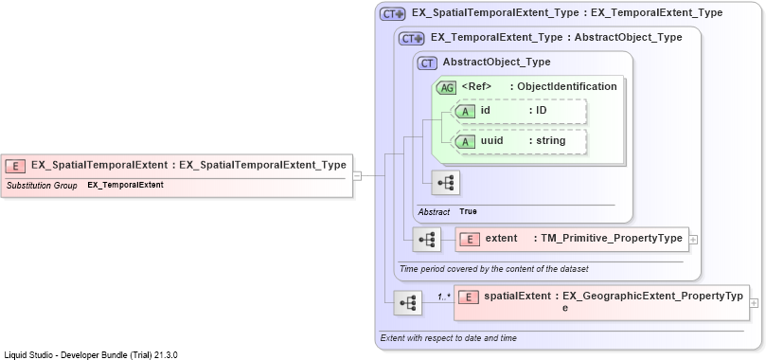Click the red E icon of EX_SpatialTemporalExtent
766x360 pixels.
[15, 166]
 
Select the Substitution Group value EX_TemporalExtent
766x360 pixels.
[126, 185]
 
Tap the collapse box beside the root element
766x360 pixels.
[357, 176]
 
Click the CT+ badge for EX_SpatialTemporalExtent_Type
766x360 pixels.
[392, 14]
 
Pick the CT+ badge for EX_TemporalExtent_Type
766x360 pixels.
[411, 39]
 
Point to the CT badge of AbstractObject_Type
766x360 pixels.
[427, 63]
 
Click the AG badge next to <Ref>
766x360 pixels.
[447, 88]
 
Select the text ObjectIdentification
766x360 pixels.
[567, 86]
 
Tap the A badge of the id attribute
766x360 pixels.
[465, 112]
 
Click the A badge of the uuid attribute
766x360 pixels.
[465, 142]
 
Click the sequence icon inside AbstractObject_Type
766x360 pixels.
[445, 183]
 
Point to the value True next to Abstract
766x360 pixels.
[468, 211]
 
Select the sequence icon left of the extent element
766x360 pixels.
[426, 240]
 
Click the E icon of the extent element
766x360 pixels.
[470, 240]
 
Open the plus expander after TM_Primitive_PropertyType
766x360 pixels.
[693, 240]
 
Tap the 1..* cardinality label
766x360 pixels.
[444, 296]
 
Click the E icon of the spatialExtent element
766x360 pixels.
[469, 297]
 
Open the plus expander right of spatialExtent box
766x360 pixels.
[755, 303]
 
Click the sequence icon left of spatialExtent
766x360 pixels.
[408, 303]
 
